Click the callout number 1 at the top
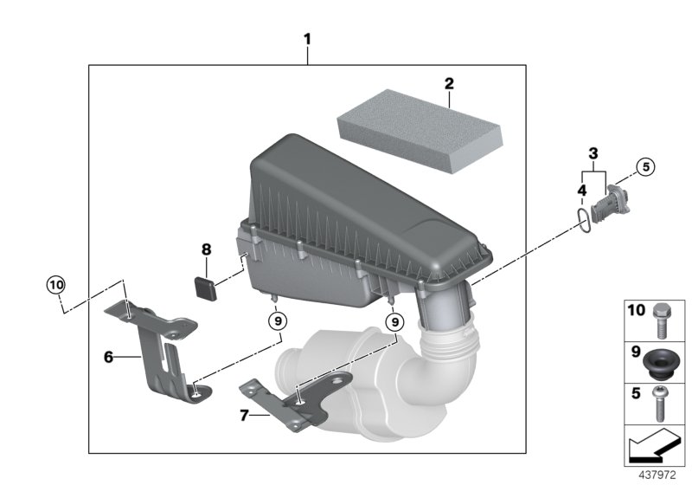308,39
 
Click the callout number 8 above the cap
206,250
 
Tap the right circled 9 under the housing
394,320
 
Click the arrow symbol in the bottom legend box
653,447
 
